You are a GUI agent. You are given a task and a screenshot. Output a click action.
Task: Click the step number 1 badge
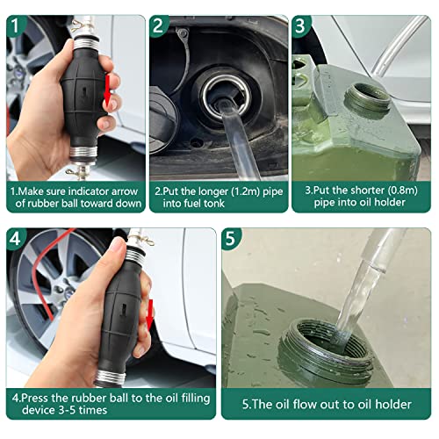click(15, 25)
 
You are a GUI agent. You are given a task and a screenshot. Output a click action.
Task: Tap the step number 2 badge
click(158, 25)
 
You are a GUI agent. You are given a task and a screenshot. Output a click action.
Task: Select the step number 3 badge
click(300, 25)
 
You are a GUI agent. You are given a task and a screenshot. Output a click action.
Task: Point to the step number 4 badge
click(15, 239)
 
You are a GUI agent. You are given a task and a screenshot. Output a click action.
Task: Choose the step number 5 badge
click(230, 239)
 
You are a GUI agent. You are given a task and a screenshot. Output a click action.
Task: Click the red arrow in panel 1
click(107, 91)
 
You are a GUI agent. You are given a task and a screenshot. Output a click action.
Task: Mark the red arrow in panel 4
click(150, 314)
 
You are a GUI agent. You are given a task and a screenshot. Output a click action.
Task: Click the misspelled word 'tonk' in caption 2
click(214, 203)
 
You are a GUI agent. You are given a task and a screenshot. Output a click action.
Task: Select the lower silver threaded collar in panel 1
click(83, 152)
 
